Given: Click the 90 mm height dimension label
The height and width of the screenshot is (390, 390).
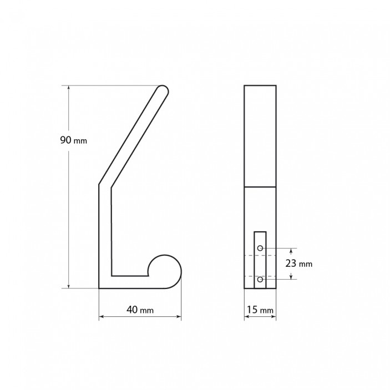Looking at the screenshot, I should coord(73,140).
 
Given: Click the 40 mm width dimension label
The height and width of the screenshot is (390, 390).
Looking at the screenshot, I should coord(140,310).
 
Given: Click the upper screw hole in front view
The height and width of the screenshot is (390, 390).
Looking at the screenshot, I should coord(260,248).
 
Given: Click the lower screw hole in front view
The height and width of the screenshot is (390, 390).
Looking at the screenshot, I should coord(260,279).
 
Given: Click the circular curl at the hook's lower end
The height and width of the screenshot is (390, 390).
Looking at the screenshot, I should coord(165,271).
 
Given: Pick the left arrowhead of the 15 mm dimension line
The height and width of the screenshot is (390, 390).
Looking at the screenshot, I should coord(247,317).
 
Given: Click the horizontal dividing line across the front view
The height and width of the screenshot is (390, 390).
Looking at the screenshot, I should coord(260,187).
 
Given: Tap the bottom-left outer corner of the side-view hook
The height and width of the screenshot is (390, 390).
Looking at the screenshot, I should coord(100,288).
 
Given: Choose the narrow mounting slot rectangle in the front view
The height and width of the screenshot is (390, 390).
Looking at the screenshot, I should coord(260,260).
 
